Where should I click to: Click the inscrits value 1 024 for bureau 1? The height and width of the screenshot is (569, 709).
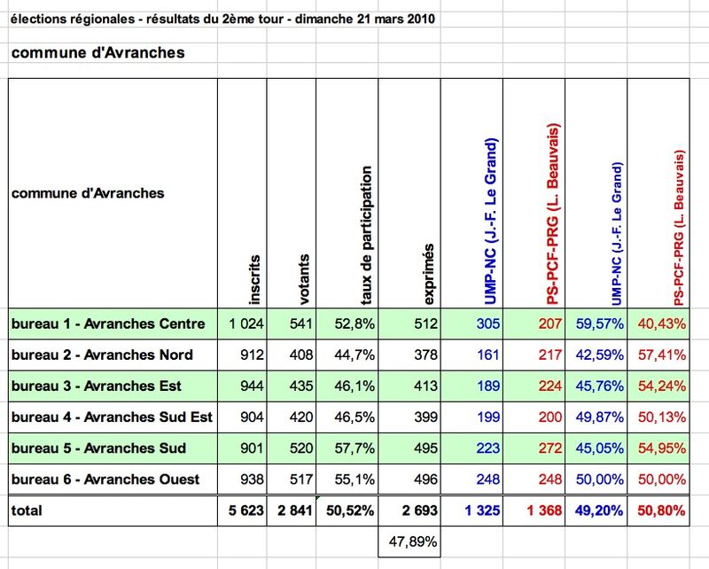246,323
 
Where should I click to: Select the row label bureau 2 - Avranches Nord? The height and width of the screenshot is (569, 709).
102,355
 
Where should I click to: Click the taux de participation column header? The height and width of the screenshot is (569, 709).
366,235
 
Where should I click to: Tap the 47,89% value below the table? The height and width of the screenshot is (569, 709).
413,542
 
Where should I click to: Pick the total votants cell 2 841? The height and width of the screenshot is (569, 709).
295,511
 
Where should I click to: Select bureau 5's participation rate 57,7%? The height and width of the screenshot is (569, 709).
354,448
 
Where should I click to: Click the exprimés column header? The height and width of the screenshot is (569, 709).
429,274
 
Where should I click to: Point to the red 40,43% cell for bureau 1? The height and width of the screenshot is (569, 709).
661,323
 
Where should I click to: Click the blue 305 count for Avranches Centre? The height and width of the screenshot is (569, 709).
488,323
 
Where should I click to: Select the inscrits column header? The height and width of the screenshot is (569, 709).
255,279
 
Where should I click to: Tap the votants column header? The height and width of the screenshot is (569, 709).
304,279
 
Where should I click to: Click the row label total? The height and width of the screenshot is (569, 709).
27,511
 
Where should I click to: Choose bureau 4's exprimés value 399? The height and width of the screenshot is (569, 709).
426,417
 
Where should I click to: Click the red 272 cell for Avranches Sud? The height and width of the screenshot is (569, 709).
549,448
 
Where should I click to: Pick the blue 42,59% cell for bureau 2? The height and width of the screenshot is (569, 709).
600,355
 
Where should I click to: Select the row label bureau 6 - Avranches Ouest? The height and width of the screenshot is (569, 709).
105,479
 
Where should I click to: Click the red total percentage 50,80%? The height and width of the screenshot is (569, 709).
661,511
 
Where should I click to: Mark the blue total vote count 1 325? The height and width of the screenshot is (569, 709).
482,511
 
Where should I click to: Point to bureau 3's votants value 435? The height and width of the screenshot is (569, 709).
301,386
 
